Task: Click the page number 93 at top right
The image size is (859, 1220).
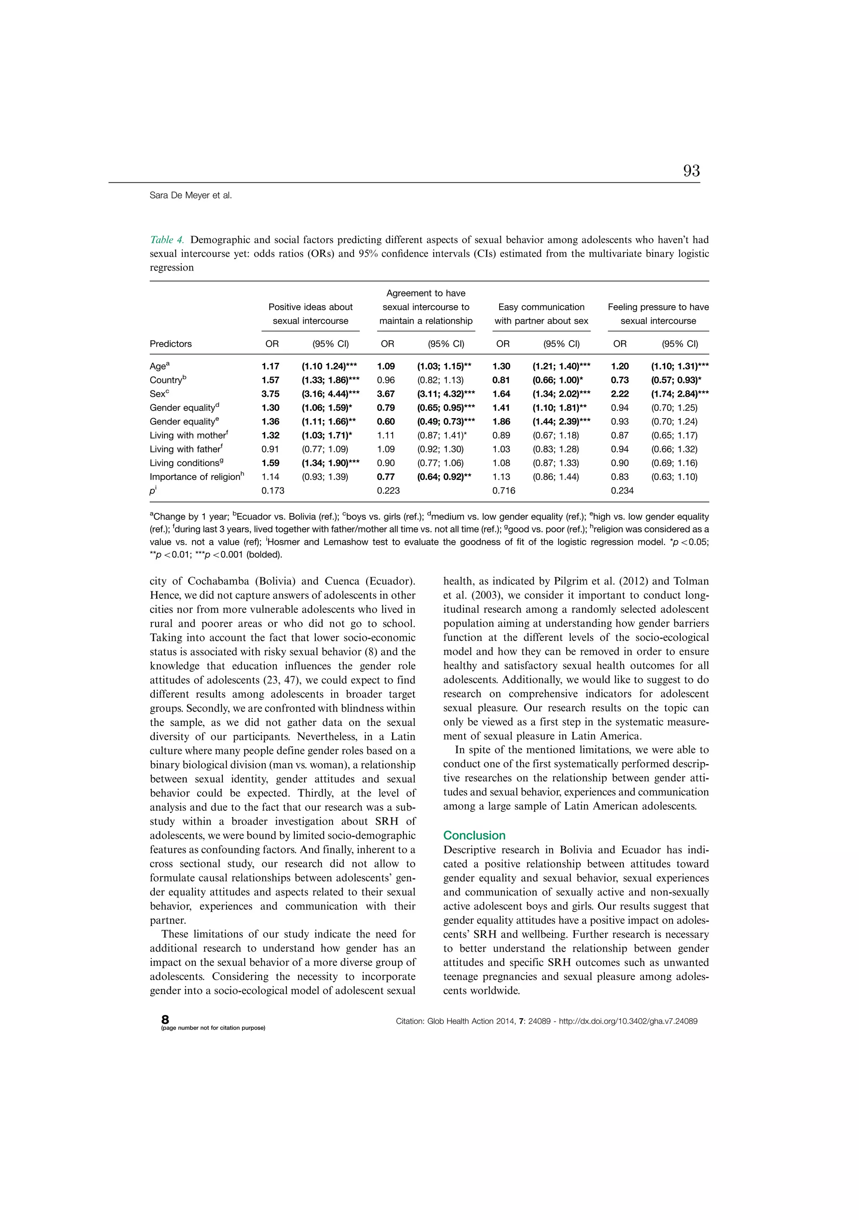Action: point(691,171)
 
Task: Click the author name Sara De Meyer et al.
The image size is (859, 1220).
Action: point(190,195)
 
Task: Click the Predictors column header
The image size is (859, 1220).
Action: point(171,344)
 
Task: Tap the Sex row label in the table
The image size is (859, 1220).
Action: point(158,394)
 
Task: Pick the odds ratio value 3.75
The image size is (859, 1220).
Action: point(270,394)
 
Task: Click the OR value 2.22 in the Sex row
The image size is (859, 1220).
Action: point(620,394)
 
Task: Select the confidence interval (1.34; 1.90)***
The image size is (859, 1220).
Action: point(330,463)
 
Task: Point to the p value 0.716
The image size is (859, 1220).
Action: point(503,490)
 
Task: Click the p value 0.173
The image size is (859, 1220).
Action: point(273,490)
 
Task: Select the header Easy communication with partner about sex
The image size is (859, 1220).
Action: point(541,314)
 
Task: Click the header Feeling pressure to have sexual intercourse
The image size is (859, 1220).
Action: point(658,314)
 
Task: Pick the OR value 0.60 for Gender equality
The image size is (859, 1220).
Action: point(386,421)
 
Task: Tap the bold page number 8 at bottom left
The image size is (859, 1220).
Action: point(165,1019)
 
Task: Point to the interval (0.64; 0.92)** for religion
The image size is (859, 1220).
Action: point(444,476)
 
